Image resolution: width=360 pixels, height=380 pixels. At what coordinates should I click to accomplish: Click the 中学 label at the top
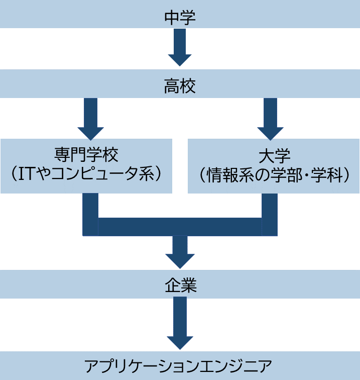tap(180, 18)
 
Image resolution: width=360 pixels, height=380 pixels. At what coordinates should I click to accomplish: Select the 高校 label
tap(180, 87)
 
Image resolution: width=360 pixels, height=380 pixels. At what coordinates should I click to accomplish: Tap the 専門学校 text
tap(87, 154)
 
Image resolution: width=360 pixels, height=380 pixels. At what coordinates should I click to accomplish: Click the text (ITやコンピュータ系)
tap(87, 173)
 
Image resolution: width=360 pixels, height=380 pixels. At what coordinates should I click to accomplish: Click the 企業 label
tap(180, 285)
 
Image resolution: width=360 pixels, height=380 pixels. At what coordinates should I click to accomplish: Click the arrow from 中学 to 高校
tap(180, 48)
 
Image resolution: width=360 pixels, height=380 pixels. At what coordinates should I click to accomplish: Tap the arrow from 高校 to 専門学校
tap(90, 119)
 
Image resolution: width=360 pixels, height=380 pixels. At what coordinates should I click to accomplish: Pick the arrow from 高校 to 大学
tap(270, 119)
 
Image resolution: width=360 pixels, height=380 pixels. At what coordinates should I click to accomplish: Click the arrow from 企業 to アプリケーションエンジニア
tap(180, 324)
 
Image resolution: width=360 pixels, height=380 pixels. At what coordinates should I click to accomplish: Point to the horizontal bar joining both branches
tap(180, 227)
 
